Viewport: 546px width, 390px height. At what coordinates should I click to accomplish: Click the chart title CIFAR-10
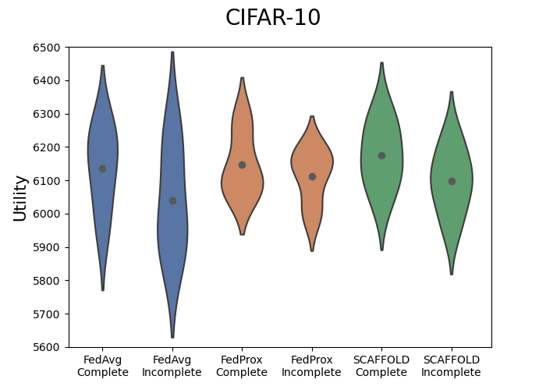coord(273,18)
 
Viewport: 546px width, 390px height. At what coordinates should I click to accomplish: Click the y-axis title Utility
coord(21,197)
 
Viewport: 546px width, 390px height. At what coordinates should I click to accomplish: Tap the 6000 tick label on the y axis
coord(49,214)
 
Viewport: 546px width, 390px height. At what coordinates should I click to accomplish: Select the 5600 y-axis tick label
coord(49,347)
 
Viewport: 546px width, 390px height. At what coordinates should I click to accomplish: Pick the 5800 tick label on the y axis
coord(49,281)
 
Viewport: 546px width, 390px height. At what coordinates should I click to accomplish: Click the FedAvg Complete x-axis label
coord(103,366)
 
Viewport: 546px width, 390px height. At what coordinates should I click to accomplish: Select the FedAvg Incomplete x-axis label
coord(172,366)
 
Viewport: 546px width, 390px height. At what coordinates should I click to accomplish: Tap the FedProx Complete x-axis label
coord(242,366)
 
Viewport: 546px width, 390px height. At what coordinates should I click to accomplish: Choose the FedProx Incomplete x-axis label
coord(312,366)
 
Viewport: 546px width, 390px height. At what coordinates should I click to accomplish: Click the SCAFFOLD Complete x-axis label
coord(381,366)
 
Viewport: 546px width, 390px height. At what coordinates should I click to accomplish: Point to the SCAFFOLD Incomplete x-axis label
coord(452,366)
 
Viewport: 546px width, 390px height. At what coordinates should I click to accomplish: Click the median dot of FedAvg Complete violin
coord(102,168)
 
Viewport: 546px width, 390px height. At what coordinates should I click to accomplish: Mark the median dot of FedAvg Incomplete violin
coord(172,200)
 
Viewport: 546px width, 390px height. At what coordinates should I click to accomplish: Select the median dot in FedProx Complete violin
coord(242,165)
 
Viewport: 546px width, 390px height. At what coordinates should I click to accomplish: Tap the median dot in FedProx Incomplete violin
coord(312,176)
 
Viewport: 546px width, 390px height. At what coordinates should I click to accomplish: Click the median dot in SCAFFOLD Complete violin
coord(381,155)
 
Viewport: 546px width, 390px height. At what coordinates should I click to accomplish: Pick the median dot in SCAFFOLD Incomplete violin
coord(452,181)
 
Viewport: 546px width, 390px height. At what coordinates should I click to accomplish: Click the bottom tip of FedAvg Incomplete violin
coord(172,337)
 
